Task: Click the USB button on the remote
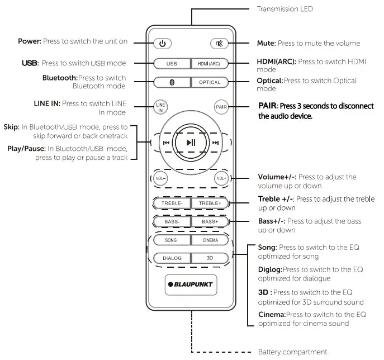(171, 64)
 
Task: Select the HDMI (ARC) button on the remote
(209, 64)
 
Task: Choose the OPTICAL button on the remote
(209, 82)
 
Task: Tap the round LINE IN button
(160, 107)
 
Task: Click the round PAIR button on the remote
(221, 107)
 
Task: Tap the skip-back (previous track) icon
(166, 143)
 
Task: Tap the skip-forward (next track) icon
(216, 143)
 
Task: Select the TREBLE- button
(172, 203)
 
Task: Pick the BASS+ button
(210, 222)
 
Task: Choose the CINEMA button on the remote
(210, 240)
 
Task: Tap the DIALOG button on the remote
(172, 259)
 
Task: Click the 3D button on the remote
(210, 259)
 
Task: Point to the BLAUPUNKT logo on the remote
(191, 284)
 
